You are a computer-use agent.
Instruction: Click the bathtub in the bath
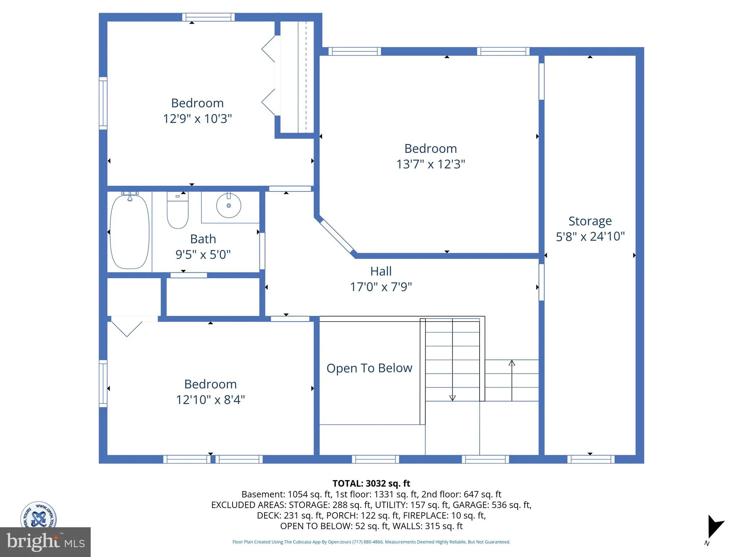click(130, 232)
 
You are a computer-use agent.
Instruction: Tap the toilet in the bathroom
click(177, 210)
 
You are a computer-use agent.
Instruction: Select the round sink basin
click(229, 205)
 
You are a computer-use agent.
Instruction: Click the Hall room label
click(381, 271)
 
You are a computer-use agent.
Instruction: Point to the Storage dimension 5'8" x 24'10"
click(590, 236)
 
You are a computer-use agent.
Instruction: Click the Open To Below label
click(369, 368)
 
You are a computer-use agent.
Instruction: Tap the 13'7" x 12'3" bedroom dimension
click(431, 164)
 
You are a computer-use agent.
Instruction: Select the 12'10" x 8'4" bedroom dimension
click(210, 400)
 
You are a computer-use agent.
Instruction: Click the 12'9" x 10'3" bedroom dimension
click(197, 119)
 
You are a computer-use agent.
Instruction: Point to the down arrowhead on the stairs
click(452, 398)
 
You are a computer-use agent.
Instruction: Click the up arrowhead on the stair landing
click(512, 363)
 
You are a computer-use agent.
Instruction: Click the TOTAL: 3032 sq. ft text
click(371, 483)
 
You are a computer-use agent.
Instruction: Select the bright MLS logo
click(45, 542)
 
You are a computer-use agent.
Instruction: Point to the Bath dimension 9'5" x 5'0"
click(203, 255)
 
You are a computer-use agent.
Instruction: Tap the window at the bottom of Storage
click(591, 459)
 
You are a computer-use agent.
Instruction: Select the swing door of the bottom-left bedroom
click(127, 326)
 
